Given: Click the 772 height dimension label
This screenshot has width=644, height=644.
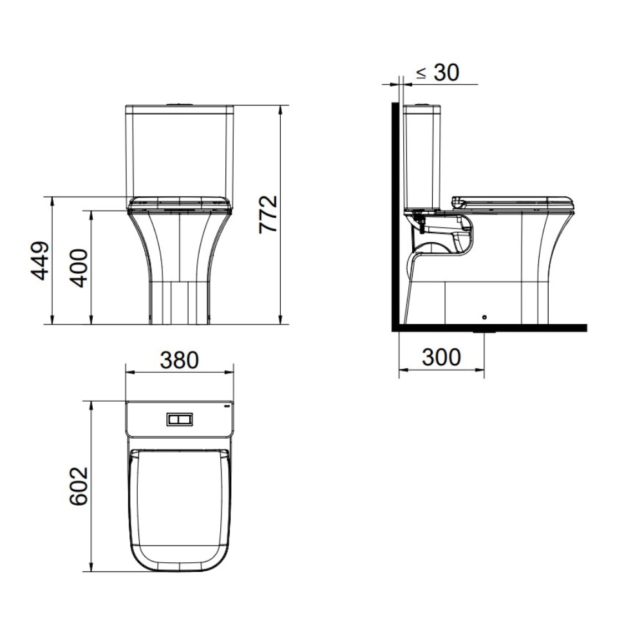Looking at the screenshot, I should coord(268,214).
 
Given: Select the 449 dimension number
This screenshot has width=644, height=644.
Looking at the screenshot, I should coord(41,261).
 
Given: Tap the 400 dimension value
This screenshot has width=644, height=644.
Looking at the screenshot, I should coord(79,267).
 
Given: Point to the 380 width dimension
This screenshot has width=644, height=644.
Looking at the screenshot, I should coord(179,360).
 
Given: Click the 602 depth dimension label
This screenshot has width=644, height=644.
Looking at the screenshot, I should coord(79,486).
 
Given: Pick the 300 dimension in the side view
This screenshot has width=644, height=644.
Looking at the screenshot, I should coord(441,357).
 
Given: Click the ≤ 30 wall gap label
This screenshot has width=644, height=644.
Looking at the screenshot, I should coord(437,73).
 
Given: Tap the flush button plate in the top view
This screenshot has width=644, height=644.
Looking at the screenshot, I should coord(179,419).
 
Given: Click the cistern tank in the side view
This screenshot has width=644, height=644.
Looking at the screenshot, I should coord(422,158).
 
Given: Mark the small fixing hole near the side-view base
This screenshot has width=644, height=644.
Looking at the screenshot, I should coord(484,317).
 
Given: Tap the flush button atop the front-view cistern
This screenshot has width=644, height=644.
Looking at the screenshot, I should coord(179,103).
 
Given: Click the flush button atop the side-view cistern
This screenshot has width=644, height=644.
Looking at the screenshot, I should coord(422,104).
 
